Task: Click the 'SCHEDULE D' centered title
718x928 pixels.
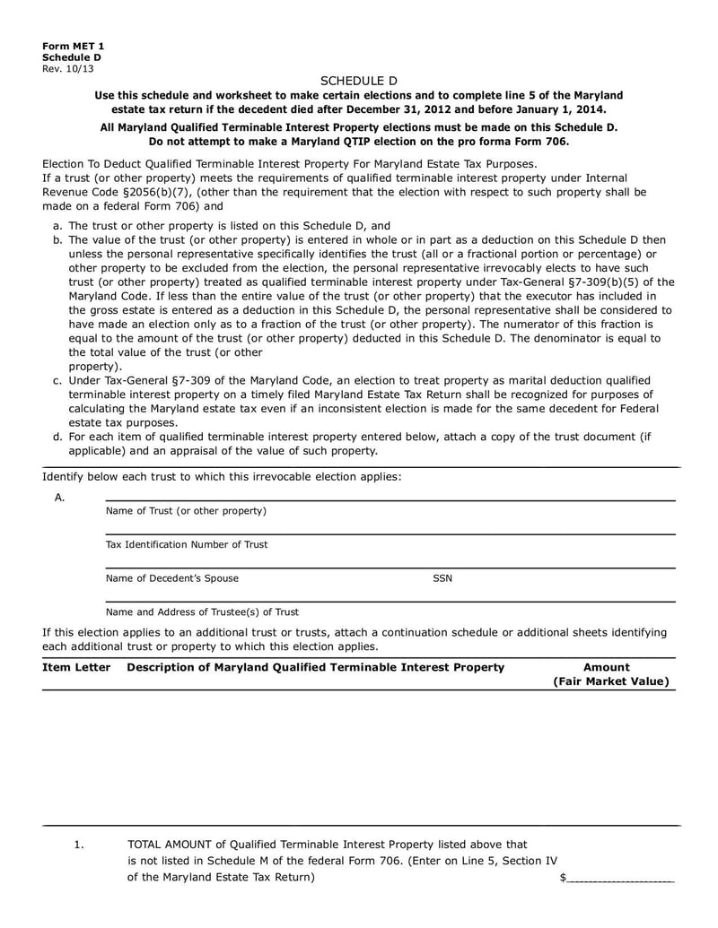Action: coord(358,81)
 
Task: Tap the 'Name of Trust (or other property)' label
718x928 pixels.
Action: coord(186,511)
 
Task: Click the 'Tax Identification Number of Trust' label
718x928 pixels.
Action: coord(186,544)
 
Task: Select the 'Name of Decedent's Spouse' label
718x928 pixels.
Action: coord(172,578)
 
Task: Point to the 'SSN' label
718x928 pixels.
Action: coord(442,578)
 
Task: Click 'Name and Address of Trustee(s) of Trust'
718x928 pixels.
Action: coord(202,612)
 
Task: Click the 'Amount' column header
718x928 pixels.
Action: coord(607,667)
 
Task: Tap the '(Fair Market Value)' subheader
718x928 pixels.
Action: coord(610,681)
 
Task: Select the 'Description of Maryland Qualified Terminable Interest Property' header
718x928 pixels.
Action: coord(316,667)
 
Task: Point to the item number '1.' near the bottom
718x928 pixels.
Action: coord(79,845)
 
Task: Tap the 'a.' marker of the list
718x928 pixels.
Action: coord(57,226)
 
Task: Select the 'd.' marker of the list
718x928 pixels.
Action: coord(57,437)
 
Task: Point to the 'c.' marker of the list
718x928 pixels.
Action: coord(57,380)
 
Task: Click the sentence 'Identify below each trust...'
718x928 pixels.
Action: coord(222,476)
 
